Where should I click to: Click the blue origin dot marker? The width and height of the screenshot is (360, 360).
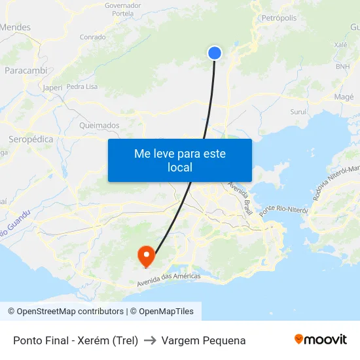(x=214, y=53)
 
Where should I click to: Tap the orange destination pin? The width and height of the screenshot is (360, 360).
(x=145, y=255)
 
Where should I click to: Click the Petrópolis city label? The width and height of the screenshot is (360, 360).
(x=279, y=18)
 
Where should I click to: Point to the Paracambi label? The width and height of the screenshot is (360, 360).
(x=26, y=70)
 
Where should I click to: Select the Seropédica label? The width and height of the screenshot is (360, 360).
(x=31, y=139)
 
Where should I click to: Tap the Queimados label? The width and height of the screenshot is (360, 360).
(x=99, y=125)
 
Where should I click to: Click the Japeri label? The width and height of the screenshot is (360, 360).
(x=52, y=87)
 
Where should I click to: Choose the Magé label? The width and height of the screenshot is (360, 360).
(x=344, y=97)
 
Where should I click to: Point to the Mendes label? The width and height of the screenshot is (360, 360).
(x=16, y=27)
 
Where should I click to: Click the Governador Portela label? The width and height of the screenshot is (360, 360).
(x=123, y=9)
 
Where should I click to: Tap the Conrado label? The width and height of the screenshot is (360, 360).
(x=92, y=37)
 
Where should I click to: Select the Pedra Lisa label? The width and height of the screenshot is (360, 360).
(x=82, y=86)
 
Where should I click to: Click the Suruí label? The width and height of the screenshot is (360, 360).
(x=298, y=112)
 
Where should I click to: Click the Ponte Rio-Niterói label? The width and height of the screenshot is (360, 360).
(x=283, y=207)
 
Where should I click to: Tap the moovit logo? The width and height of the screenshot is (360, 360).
(x=320, y=339)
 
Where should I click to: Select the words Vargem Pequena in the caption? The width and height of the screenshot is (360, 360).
(x=204, y=340)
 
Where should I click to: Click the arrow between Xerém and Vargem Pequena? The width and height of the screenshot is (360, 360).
(x=150, y=340)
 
